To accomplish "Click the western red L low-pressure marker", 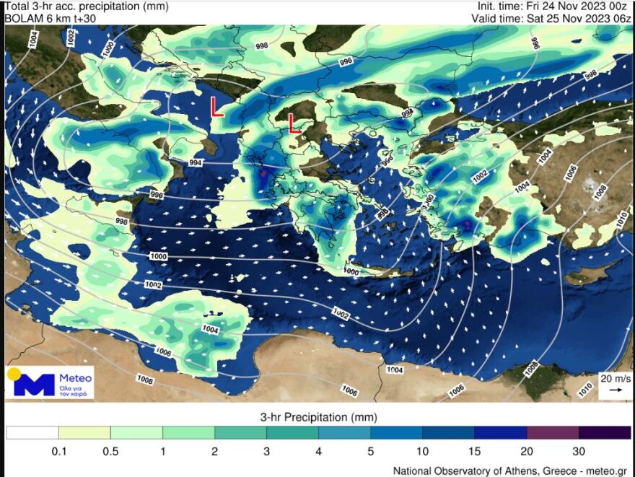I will [x=216, y=108].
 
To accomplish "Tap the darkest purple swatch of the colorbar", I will [x=605, y=432].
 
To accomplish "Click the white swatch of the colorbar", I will [x=32, y=432].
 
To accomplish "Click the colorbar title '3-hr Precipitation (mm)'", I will [x=318, y=417].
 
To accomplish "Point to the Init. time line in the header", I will [x=555, y=6].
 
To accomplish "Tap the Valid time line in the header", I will [x=552, y=19].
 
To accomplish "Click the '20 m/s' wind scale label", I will [x=615, y=378].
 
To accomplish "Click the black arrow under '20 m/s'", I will [x=616, y=390].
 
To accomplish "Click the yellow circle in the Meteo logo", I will [x=14, y=374].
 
